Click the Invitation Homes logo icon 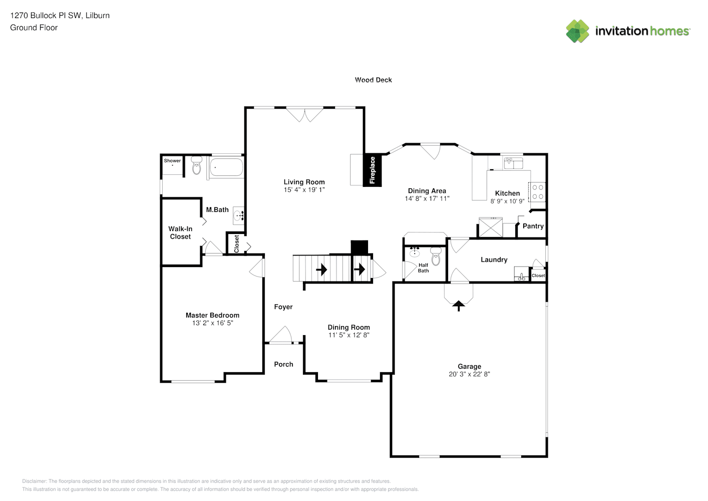click(577, 31)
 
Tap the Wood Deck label click(373, 80)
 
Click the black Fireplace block click(373, 170)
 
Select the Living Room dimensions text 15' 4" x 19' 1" click(304, 190)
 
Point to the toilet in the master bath click(196, 166)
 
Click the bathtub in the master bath click(226, 167)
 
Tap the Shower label click(172, 161)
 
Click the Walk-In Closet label click(180, 232)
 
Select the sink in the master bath click(239, 215)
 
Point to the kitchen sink click(513, 162)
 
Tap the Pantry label click(533, 226)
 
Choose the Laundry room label click(494, 260)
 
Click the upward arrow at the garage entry click(459, 305)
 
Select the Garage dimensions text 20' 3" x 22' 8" click(469, 374)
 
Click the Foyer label click(283, 307)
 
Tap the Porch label click(283, 364)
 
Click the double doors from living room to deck click(304, 114)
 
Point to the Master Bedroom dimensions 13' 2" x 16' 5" click(212, 323)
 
